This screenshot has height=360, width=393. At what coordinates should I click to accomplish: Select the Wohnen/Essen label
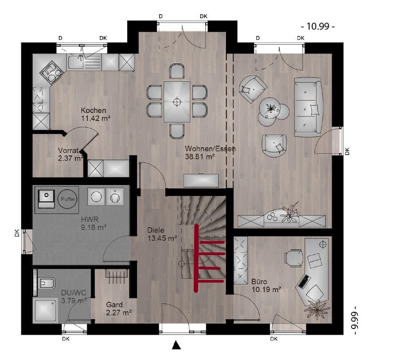[210, 148]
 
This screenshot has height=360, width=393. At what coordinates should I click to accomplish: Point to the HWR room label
[90, 220]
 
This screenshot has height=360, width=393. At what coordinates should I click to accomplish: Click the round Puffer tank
[68, 199]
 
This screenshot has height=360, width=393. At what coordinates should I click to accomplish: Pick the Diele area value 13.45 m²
[162, 238]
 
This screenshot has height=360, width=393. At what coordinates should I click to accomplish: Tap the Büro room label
[259, 282]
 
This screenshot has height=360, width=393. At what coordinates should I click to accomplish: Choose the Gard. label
[115, 305]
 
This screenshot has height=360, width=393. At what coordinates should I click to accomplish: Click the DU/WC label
[74, 293]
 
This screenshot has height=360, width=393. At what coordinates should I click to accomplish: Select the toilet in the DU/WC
[46, 283]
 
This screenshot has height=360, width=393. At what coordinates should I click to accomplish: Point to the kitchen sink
[75, 62]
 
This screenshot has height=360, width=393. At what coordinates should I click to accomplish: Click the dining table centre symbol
[177, 102]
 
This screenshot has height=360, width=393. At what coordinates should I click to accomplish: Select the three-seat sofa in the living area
[308, 107]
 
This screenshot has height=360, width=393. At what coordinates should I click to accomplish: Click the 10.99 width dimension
[318, 26]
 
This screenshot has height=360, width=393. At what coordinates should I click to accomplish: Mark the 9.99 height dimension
[354, 320]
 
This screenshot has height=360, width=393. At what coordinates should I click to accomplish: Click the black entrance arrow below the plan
[177, 345]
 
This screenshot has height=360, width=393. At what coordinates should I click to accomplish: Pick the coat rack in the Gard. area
[117, 275]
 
